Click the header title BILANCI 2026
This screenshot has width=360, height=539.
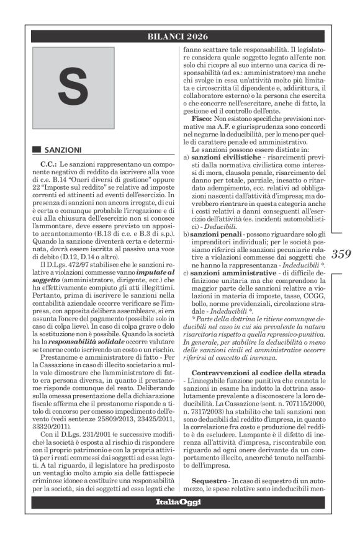tap(179, 37)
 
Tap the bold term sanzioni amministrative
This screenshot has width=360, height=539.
tap(230, 272)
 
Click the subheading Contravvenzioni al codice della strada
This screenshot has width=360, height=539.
tap(257, 371)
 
